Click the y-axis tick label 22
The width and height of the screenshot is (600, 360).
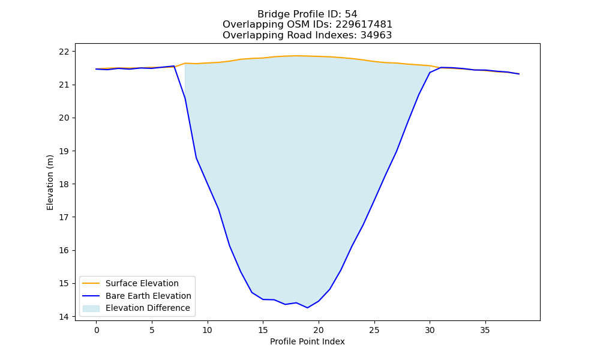tap(64, 51)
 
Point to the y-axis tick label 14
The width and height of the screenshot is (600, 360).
tap(64, 317)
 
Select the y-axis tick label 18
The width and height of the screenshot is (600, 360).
tap(64, 184)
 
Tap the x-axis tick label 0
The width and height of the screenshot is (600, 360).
tap(97, 330)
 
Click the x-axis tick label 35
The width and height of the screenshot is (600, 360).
tap(485, 330)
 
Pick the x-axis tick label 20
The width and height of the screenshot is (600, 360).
tap(319, 330)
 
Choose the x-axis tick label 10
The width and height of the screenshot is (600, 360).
tap(208, 330)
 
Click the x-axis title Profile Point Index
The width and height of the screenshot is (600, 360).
tap(307, 341)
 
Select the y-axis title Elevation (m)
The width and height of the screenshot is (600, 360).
tap(50, 182)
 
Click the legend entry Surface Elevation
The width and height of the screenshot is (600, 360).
tap(142, 283)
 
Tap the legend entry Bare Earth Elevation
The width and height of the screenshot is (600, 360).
tap(148, 296)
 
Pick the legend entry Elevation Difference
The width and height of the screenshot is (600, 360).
tap(148, 308)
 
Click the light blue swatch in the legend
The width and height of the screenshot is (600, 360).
tap(91, 308)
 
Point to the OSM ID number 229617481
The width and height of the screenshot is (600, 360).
tap(364, 25)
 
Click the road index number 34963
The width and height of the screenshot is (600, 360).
tap(376, 35)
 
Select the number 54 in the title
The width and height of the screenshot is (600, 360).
tap(351, 14)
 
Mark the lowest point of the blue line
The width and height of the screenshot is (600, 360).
tap(307, 308)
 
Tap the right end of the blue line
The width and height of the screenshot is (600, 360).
tap(519, 74)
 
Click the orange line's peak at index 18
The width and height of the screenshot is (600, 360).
tap(296, 56)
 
